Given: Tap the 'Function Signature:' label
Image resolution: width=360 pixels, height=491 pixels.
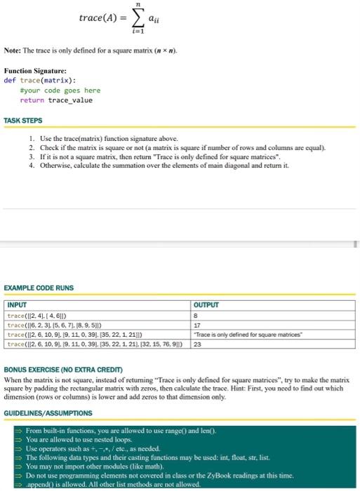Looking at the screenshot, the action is [35, 71].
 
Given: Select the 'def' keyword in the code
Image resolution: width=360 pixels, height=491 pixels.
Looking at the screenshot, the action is [10, 80].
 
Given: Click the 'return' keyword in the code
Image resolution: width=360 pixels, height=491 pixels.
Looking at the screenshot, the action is [32, 100].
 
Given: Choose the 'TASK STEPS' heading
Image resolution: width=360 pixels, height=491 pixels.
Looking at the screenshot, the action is [23, 121].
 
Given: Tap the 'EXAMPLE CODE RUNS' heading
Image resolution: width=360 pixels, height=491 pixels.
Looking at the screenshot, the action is [39, 288].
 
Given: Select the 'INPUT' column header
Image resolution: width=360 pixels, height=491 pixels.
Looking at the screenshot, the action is [17, 305].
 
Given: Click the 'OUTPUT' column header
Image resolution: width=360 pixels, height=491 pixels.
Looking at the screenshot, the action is [206, 305].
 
